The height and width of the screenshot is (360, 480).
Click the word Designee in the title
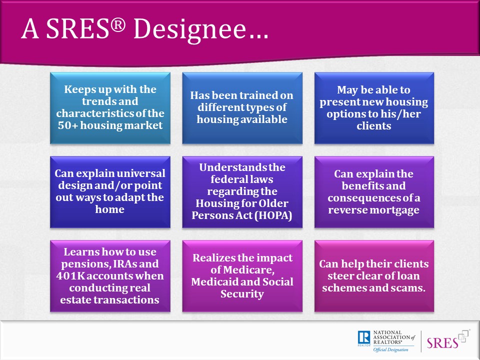pyautogui.click(x=189, y=29)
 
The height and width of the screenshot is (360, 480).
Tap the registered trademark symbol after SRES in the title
pyautogui.click(x=118, y=25)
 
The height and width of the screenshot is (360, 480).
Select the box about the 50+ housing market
pyautogui.click(x=110, y=108)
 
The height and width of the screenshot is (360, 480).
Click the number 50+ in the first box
pyautogui.click(x=67, y=125)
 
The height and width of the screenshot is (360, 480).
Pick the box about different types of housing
pyautogui.click(x=242, y=108)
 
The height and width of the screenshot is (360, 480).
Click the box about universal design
pyautogui.click(x=110, y=192)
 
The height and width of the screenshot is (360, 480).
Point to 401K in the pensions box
pyautogui.click(x=66, y=276)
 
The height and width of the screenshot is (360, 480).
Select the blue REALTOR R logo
pyautogui.click(x=364, y=337)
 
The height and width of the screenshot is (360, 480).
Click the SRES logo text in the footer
pyautogui.click(x=442, y=343)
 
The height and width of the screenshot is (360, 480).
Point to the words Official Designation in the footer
pyautogui.click(x=390, y=349)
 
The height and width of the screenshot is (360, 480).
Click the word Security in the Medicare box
pyautogui.click(x=242, y=294)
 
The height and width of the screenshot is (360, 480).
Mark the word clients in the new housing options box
pyautogui.click(x=374, y=126)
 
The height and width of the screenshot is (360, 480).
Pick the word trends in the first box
pyautogui.click(x=96, y=101)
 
